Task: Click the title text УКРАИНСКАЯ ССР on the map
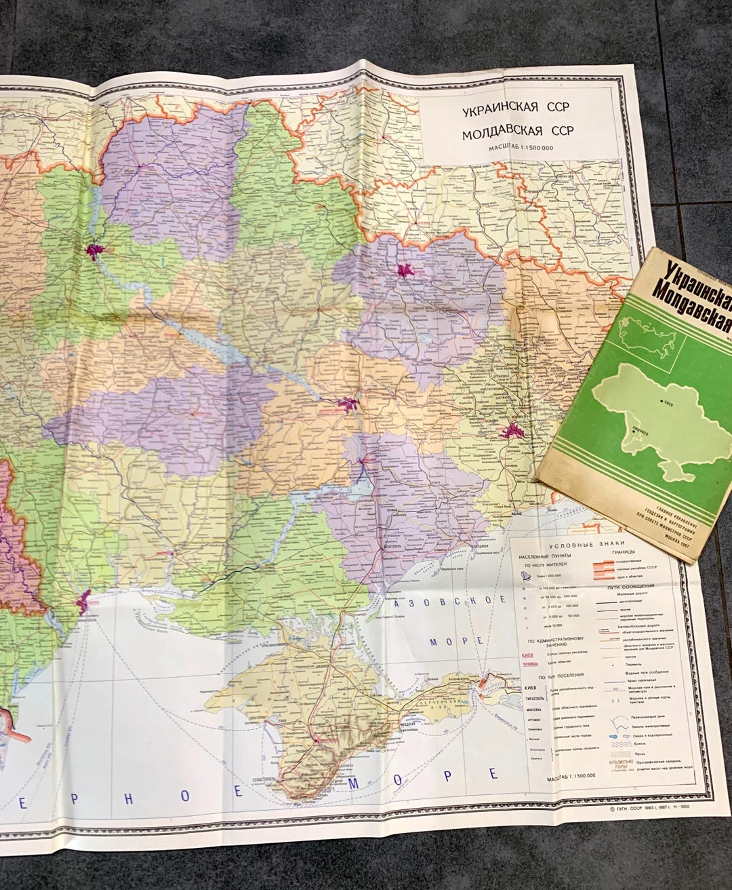click(x=516, y=109)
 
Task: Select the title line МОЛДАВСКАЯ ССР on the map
click(x=517, y=133)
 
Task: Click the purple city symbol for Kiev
click(x=94, y=252)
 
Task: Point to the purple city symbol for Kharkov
click(x=406, y=271)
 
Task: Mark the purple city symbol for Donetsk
click(x=513, y=430)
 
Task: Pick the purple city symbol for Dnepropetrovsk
click(x=350, y=405)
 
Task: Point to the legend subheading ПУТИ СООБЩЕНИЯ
click(x=630, y=586)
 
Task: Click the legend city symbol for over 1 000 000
click(x=525, y=575)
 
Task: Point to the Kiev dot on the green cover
click(x=662, y=402)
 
